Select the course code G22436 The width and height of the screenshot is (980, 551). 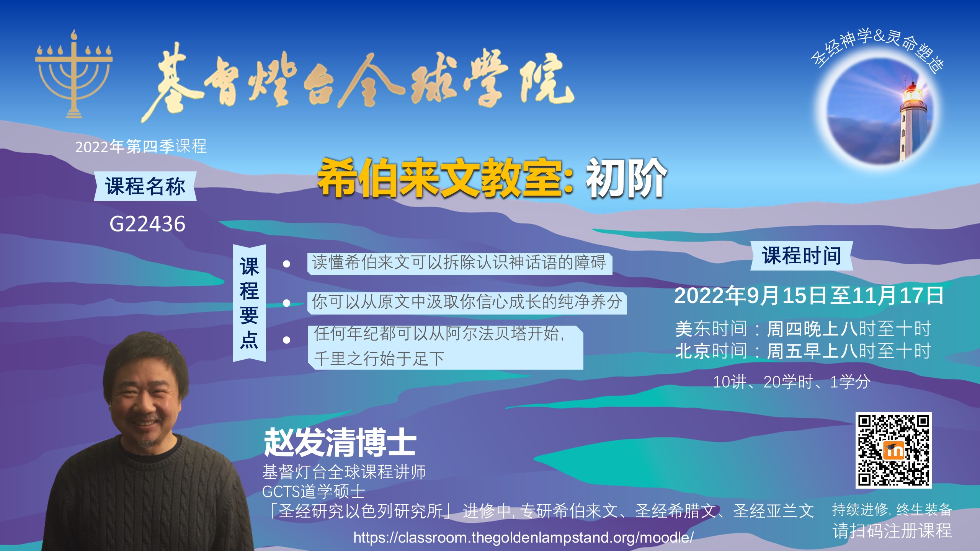pyautogui.click(x=147, y=224)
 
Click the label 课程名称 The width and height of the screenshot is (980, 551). pyautogui.click(x=145, y=186)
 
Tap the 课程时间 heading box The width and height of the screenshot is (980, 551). pyautogui.click(x=802, y=256)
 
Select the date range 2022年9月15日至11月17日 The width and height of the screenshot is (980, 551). pyautogui.click(x=809, y=295)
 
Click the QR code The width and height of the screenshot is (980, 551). pyautogui.click(x=893, y=450)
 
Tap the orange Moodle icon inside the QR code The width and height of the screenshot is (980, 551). pyautogui.click(x=893, y=450)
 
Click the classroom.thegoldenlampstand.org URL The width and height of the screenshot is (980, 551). pyautogui.click(x=523, y=538)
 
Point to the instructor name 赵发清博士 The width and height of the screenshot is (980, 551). pyautogui.click(x=340, y=442)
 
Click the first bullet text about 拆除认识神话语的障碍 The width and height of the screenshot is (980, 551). pyautogui.click(x=459, y=263)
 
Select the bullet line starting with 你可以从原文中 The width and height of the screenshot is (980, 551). pyautogui.click(x=467, y=302)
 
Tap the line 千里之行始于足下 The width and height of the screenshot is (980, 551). pyautogui.click(x=379, y=359)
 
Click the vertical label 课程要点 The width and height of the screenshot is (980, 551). pyautogui.click(x=249, y=303)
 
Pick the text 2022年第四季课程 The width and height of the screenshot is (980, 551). pyautogui.click(x=141, y=147)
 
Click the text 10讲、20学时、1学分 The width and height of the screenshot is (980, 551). pyautogui.click(x=792, y=382)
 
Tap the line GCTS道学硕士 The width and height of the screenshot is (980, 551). pyautogui.click(x=314, y=492)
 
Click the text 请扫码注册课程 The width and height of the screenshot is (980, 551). pyautogui.click(x=892, y=531)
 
